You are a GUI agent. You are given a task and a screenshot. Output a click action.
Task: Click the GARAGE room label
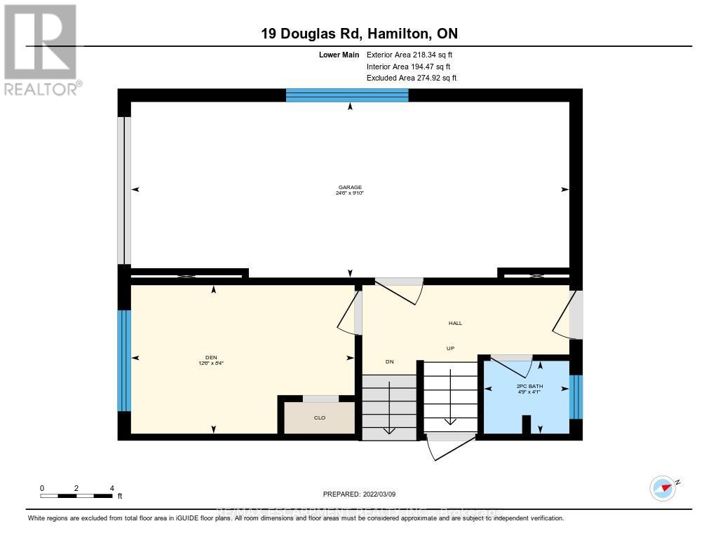pos(349,188)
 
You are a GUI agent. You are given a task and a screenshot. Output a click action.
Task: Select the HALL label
pos(455,323)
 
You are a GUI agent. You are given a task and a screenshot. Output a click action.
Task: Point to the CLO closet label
pos(320,417)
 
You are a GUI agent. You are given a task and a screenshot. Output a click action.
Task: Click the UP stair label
pos(451,348)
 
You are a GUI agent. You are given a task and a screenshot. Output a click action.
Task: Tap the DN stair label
pos(390,361)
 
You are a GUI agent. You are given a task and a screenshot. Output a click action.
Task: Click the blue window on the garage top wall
pos(347,95)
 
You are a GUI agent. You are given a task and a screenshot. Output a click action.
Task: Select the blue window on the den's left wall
pos(124,360)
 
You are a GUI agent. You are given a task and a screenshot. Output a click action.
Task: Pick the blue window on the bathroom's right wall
pos(576,396)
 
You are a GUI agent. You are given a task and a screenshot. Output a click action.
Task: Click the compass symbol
pos(663,487)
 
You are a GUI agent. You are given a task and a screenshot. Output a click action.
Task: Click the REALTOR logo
pos(41,50)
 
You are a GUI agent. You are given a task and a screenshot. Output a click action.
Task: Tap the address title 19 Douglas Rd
pos(358,34)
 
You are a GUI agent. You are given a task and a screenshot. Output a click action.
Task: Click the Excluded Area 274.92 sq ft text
pos(411,78)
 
